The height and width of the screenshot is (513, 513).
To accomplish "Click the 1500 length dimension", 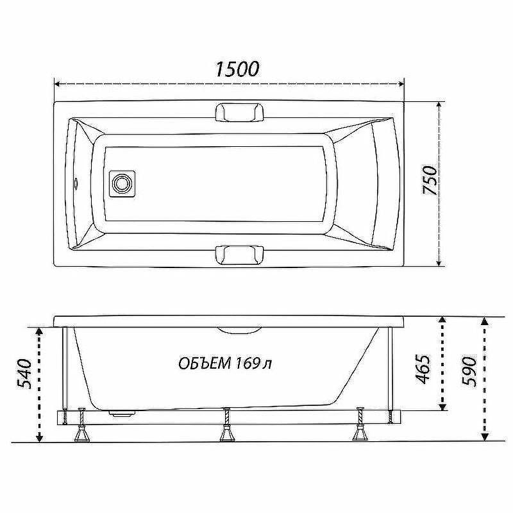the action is click(237, 69).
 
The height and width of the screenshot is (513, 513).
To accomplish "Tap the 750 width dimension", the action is click(430, 180).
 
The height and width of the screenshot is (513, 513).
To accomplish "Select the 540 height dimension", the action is click(24, 374).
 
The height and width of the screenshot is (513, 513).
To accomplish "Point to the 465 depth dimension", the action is click(423, 369).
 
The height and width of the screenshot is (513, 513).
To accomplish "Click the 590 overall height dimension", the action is click(469, 371).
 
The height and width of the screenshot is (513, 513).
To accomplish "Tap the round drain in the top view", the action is click(122, 183).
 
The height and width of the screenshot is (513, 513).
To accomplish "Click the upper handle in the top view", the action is click(239, 112).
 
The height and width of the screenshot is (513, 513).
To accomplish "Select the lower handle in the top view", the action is click(239, 255).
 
